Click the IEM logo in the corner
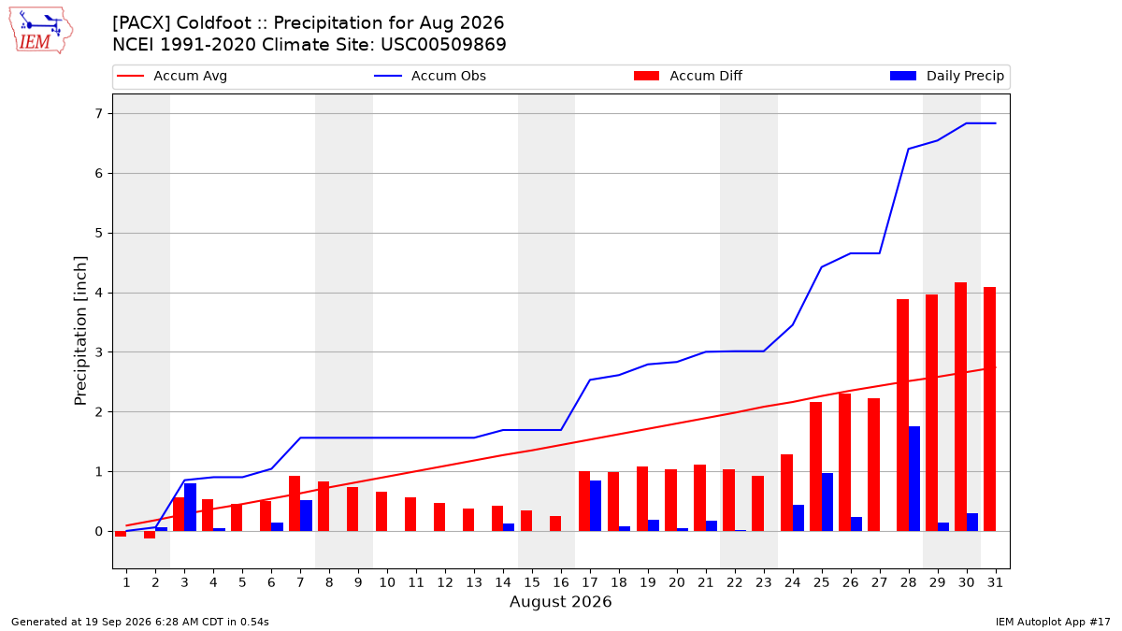(x=41, y=31)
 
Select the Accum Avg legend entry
(x=172, y=76)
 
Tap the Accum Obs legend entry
(x=430, y=76)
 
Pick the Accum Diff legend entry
(x=688, y=76)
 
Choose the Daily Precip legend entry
(x=946, y=76)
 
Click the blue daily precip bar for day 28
(x=914, y=479)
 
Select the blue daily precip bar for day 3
(x=191, y=508)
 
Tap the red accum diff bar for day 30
(x=961, y=407)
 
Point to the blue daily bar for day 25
(x=827, y=502)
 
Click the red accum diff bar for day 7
(x=295, y=504)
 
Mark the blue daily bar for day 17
(x=596, y=506)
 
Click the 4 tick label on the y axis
(x=99, y=293)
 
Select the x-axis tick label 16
(x=561, y=582)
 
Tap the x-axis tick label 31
(x=995, y=582)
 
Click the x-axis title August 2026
(x=560, y=601)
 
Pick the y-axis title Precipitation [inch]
(x=80, y=331)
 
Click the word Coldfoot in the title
(x=213, y=23)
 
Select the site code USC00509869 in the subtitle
(x=443, y=45)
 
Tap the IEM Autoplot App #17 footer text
(x=1053, y=622)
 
